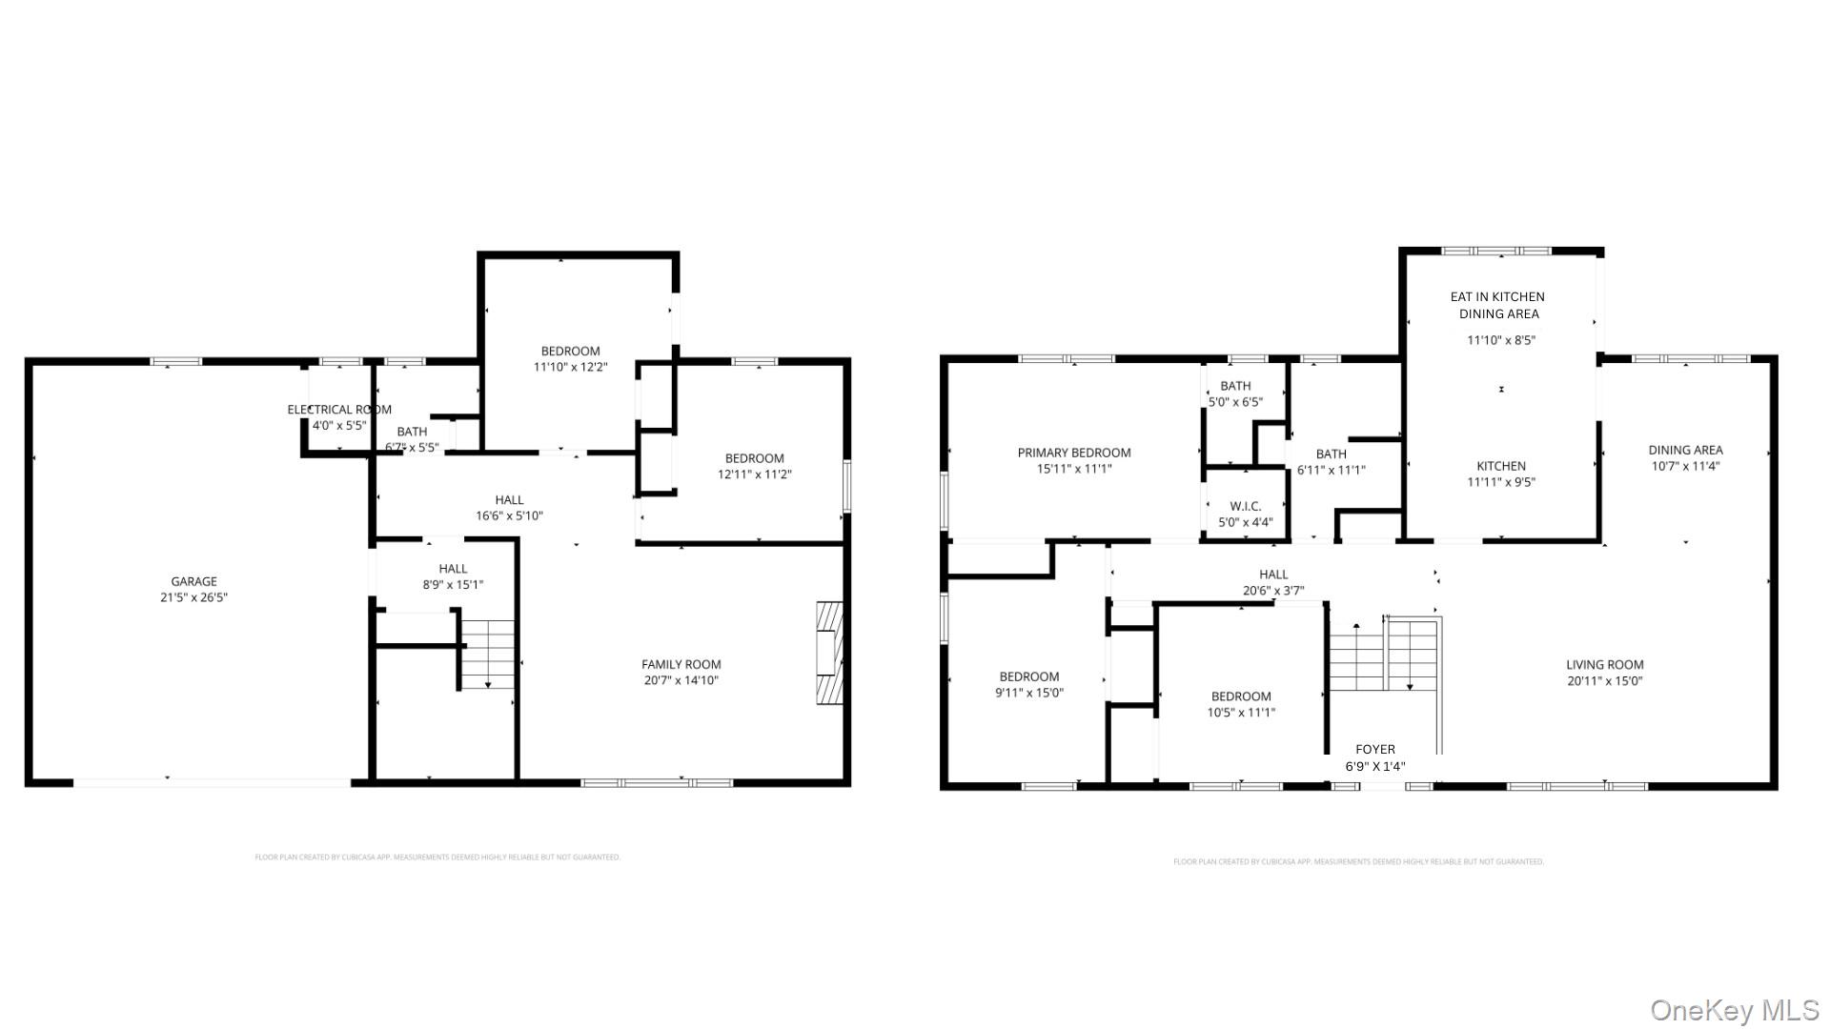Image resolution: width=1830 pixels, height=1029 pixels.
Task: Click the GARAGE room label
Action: point(193,581)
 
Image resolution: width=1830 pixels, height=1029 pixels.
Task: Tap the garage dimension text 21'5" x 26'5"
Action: point(193,597)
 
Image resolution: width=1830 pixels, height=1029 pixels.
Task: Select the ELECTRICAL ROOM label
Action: point(339,410)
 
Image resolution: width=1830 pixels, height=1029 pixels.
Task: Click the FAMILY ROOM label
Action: point(681,664)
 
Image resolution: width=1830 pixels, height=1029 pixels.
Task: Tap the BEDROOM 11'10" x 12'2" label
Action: point(570,351)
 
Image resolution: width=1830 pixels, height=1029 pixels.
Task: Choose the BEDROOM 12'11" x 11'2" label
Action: point(754,458)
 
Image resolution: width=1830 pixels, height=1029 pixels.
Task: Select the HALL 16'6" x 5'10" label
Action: point(509,499)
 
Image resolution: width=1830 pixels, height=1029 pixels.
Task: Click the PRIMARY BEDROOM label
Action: point(1074,453)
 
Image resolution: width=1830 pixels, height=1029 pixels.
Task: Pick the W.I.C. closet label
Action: point(1245,506)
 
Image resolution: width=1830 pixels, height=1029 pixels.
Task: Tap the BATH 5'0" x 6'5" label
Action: point(1235,386)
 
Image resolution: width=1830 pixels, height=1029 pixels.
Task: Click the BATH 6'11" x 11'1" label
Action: point(1331,454)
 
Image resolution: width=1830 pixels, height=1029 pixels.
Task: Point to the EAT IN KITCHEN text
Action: point(1497,296)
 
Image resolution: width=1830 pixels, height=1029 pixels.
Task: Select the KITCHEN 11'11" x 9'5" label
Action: point(1501,466)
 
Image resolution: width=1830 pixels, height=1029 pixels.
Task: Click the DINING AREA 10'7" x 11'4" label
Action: point(1685,450)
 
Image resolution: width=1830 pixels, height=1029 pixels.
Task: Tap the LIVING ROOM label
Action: point(1604,665)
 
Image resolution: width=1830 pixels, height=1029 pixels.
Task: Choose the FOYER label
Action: point(1374,750)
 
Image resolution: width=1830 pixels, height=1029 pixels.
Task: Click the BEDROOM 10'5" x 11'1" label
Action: point(1241,696)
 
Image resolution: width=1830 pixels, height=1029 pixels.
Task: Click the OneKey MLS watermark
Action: point(1734,1010)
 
